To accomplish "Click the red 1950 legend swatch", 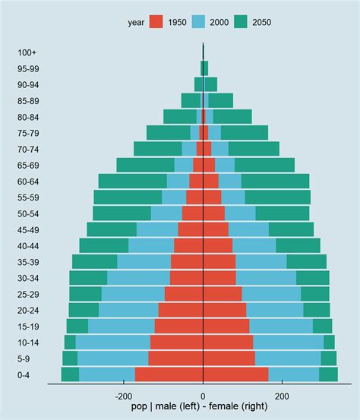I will pyautogui.click(x=156, y=22).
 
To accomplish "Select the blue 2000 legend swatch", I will pyautogui.click(x=199, y=22).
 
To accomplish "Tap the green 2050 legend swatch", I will pyautogui.click(x=242, y=22).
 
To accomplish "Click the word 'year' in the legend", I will pyautogui.click(x=136, y=22).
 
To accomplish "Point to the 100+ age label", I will pyautogui.click(x=28, y=52).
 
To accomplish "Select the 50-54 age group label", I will pyautogui.click(x=28, y=213).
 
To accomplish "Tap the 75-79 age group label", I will pyautogui.click(x=28, y=133).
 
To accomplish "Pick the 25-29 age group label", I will pyautogui.click(x=28, y=294).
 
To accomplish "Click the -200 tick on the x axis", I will pyautogui.click(x=123, y=396).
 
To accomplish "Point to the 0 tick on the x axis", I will pyautogui.click(x=203, y=396).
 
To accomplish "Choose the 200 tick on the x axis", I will pyautogui.click(x=282, y=396).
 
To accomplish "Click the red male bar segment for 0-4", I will pyautogui.click(x=169, y=374).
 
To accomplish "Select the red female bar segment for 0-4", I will pyautogui.click(x=235, y=374).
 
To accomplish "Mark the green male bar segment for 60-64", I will pyautogui.click(x=132, y=181).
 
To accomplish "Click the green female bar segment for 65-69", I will pyautogui.click(x=264, y=165).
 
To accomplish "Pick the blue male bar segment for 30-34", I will pyautogui.click(x=138, y=278).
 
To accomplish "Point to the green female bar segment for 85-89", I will pyautogui.click(x=221, y=100).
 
